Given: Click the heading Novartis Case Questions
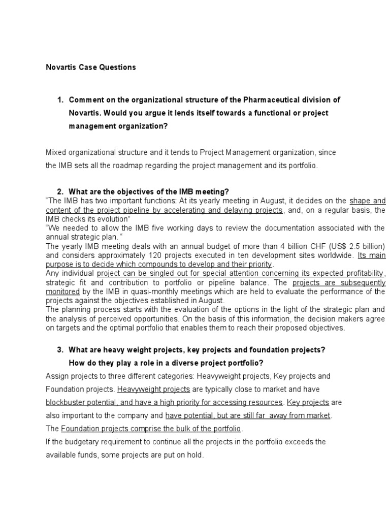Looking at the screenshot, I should click(91, 67).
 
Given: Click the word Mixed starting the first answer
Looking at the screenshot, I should click(56, 152).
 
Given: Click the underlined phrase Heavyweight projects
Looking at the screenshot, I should click(153, 389).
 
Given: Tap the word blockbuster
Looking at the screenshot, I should click(66, 402).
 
